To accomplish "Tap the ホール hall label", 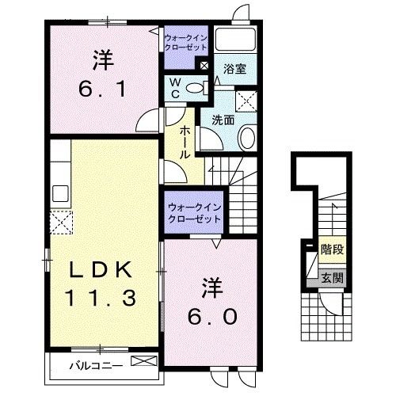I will [x=185, y=142].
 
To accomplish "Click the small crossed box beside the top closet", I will [x=204, y=66].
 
